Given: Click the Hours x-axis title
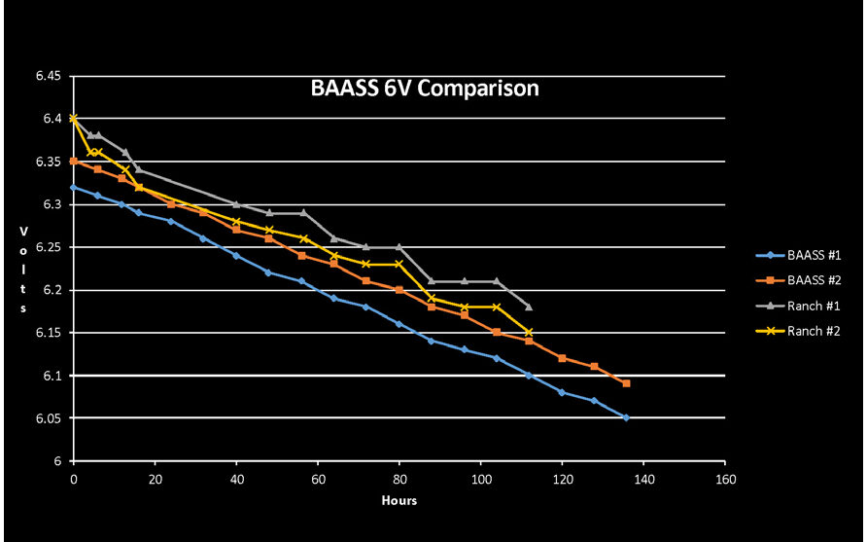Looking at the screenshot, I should (399, 501).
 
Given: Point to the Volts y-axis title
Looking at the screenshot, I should (22, 269).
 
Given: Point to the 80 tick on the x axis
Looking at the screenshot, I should (399, 479).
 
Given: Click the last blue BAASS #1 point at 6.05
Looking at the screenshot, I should (626, 417).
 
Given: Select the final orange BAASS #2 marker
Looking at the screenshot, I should (627, 383).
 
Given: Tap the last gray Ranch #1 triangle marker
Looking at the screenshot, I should (529, 307).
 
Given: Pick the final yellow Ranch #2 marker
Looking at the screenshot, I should (529, 332).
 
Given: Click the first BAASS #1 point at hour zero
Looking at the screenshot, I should (73, 187).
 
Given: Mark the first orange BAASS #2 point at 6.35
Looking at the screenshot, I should (73, 162).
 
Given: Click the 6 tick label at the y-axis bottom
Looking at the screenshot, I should (58, 461).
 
